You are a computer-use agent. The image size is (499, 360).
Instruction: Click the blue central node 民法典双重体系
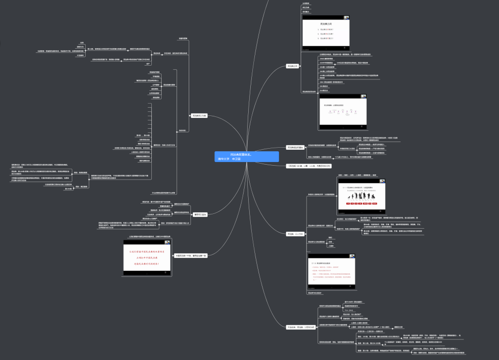coord(247,156)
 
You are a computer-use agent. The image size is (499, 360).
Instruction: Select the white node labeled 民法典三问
coord(293,66)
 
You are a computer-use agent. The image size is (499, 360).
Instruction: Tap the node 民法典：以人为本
coord(295,234)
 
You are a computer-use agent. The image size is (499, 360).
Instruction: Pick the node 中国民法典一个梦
coord(191,255)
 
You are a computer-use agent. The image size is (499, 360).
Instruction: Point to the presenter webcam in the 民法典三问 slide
coord(346,18)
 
